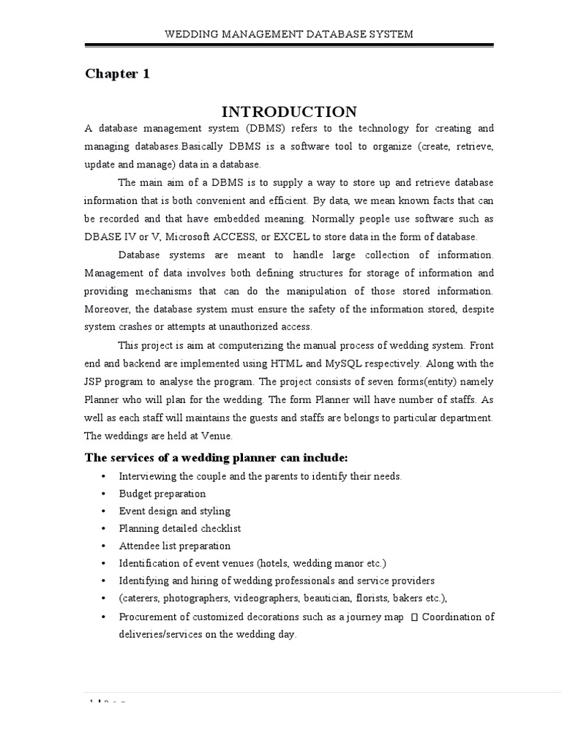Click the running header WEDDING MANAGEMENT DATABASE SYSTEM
pyautogui.click(x=290, y=34)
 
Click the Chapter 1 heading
pyautogui.click(x=117, y=74)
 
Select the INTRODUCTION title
pyautogui.click(x=289, y=111)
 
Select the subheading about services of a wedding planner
pyautogui.click(x=217, y=457)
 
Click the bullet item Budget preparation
pyautogui.click(x=162, y=494)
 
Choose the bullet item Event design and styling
pyautogui.click(x=174, y=511)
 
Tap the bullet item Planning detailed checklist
pyautogui.click(x=180, y=528)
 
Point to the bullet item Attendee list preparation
pyautogui.click(x=174, y=546)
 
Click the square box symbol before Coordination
pyautogui.click(x=414, y=617)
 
